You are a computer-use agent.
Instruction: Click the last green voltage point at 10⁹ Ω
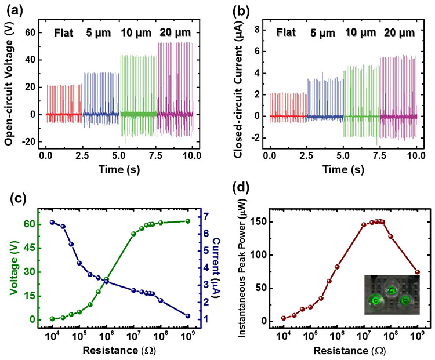point(188,221)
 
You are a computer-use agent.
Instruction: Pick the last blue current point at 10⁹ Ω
point(188,316)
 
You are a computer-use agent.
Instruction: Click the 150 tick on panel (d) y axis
point(250,221)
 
